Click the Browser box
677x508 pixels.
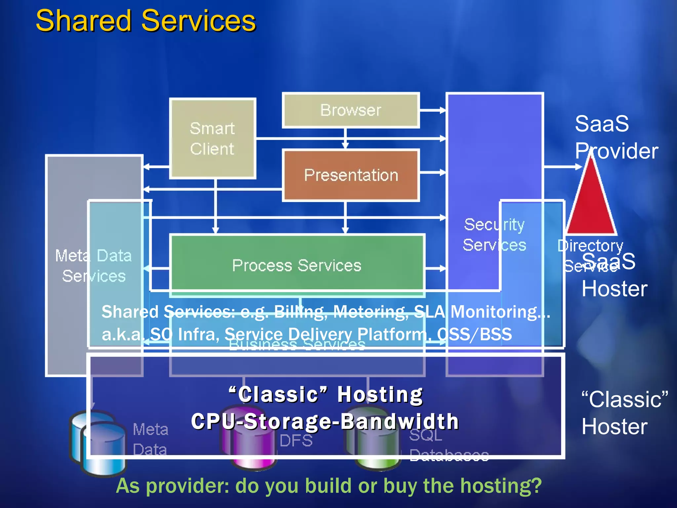tap(351, 110)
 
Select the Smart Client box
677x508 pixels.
tap(213, 138)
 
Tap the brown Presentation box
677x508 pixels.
tap(351, 175)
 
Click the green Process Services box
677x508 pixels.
tap(297, 265)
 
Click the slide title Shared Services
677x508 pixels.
tap(145, 21)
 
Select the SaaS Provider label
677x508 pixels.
tap(616, 137)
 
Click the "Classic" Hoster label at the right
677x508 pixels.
tap(623, 413)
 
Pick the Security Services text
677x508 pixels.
tap(494, 235)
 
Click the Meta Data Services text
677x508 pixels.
tap(94, 266)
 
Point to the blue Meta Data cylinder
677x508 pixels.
tap(99, 443)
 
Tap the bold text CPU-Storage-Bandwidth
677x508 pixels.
tap(325, 421)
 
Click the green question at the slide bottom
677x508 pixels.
tap(329, 486)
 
